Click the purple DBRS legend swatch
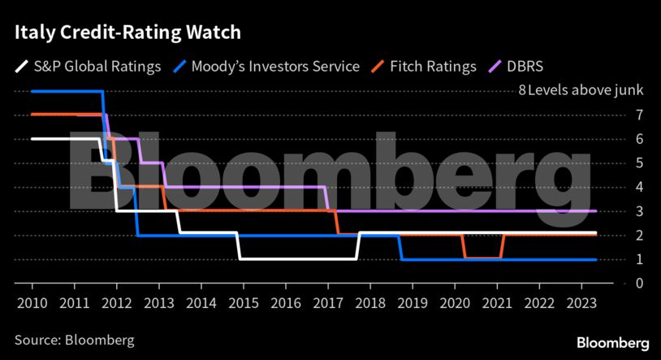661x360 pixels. pyautogui.click(x=500, y=67)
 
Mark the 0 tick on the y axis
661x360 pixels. pyautogui.click(x=616, y=283)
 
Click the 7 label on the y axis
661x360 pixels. pyautogui.click(x=616, y=115)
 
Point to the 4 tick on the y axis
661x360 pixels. pyautogui.click(x=616, y=187)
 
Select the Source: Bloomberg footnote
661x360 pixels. pyautogui.click(x=74, y=339)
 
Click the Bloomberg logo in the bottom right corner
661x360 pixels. pyautogui.click(x=613, y=341)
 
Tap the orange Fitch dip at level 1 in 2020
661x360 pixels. pyautogui.click(x=482, y=258)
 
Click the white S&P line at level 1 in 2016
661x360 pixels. pyautogui.click(x=285, y=259)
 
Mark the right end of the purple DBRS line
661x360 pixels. pyautogui.click(x=596, y=211)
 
